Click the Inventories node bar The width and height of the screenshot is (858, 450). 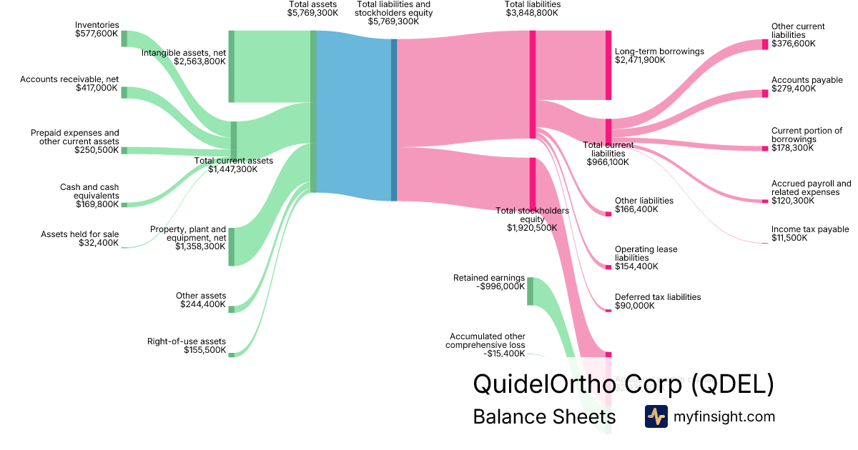click(124, 38)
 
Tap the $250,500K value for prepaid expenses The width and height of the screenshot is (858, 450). click(97, 150)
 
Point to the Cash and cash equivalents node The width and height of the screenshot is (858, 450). click(124, 205)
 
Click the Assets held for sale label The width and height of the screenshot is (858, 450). click(80, 234)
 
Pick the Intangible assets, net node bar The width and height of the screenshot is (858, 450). click(232, 66)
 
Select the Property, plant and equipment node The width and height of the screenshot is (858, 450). click(232, 246)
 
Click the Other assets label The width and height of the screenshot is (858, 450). click(201, 296)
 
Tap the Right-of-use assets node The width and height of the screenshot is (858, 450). click(232, 354)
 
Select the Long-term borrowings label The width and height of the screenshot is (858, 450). click(659, 51)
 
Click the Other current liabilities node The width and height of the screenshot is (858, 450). click(765, 44)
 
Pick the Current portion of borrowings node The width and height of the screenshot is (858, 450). click(765, 149)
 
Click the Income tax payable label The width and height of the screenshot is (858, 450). click(810, 229)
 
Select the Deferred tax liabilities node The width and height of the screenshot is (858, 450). click(608, 310)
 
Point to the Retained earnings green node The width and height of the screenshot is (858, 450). click(530, 291)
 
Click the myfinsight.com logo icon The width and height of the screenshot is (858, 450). click(656, 416)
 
